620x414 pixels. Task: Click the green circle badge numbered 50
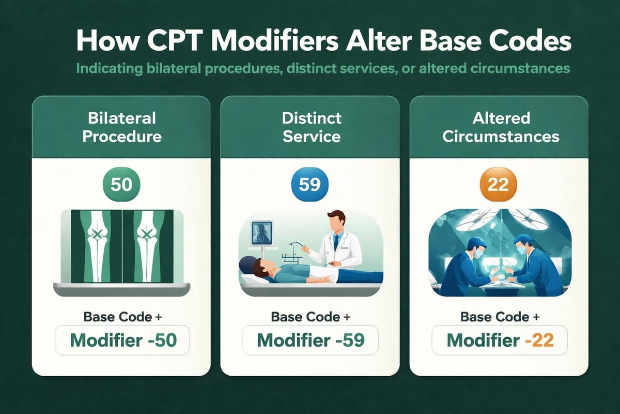[x=121, y=185]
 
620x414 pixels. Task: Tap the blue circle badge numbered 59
[x=309, y=185]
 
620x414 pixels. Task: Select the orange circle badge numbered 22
[x=498, y=185]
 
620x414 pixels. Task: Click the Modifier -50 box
[x=123, y=340]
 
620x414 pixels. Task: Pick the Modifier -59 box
[x=311, y=340]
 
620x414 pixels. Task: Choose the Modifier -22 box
[x=500, y=340]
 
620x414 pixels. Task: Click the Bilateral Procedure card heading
[x=121, y=127]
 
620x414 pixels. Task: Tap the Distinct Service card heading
[x=311, y=127]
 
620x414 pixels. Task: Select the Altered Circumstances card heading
[x=500, y=127]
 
